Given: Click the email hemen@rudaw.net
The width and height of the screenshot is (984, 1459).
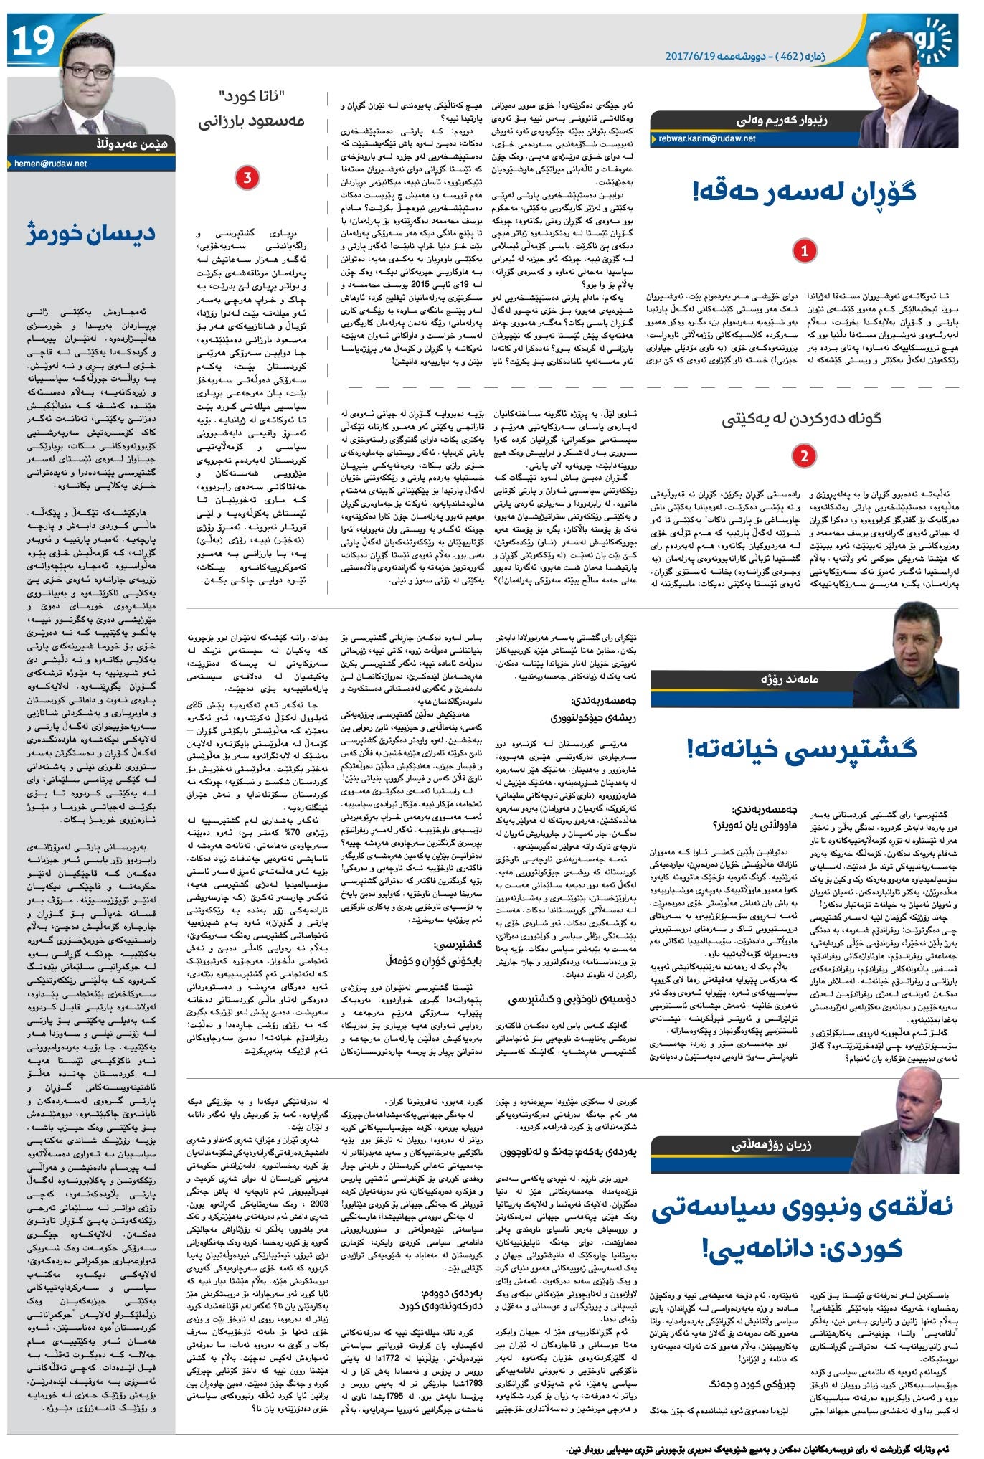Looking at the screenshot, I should point(51,164).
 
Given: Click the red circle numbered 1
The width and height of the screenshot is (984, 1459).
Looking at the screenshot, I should point(805,251).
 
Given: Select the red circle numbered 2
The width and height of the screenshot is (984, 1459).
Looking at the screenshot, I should point(805,456).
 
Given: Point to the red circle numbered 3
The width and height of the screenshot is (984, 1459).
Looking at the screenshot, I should point(247,179).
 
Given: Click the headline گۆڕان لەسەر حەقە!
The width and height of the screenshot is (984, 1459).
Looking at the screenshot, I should point(804,192).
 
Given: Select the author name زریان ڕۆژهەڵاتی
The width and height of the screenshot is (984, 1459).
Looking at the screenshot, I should point(771,1145).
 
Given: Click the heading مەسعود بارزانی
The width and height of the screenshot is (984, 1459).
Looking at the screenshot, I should point(252,121).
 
